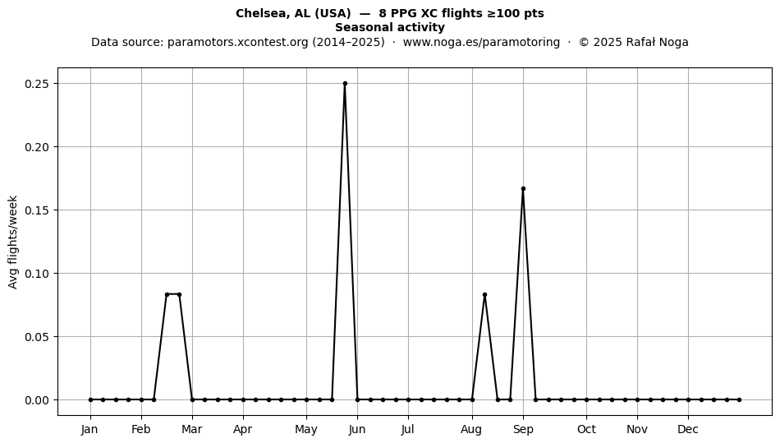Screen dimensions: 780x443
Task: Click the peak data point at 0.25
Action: [345, 84]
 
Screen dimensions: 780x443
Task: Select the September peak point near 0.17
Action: [523, 189]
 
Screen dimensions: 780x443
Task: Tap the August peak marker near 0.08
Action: [484, 295]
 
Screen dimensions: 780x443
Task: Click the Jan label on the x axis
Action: [90, 430]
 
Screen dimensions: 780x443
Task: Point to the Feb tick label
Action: [140, 430]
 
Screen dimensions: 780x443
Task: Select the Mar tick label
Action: [192, 430]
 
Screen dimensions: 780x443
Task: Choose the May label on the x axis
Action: [306, 430]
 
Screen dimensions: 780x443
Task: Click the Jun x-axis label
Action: [357, 430]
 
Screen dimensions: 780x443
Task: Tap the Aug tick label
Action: [471, 430]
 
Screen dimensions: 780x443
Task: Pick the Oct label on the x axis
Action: [586, 430]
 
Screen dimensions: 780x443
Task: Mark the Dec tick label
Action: [688, 430]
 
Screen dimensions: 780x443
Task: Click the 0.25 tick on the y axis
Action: [39, 84]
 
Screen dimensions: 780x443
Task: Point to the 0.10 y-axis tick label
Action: [39, 274]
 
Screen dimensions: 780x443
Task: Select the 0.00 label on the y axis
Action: [39, 400]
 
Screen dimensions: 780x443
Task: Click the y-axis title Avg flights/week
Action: [13, 242]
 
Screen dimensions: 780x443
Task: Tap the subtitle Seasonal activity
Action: [390, 27]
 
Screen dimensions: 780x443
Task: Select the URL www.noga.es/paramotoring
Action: [481, 42]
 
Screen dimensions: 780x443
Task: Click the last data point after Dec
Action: [739, 399]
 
